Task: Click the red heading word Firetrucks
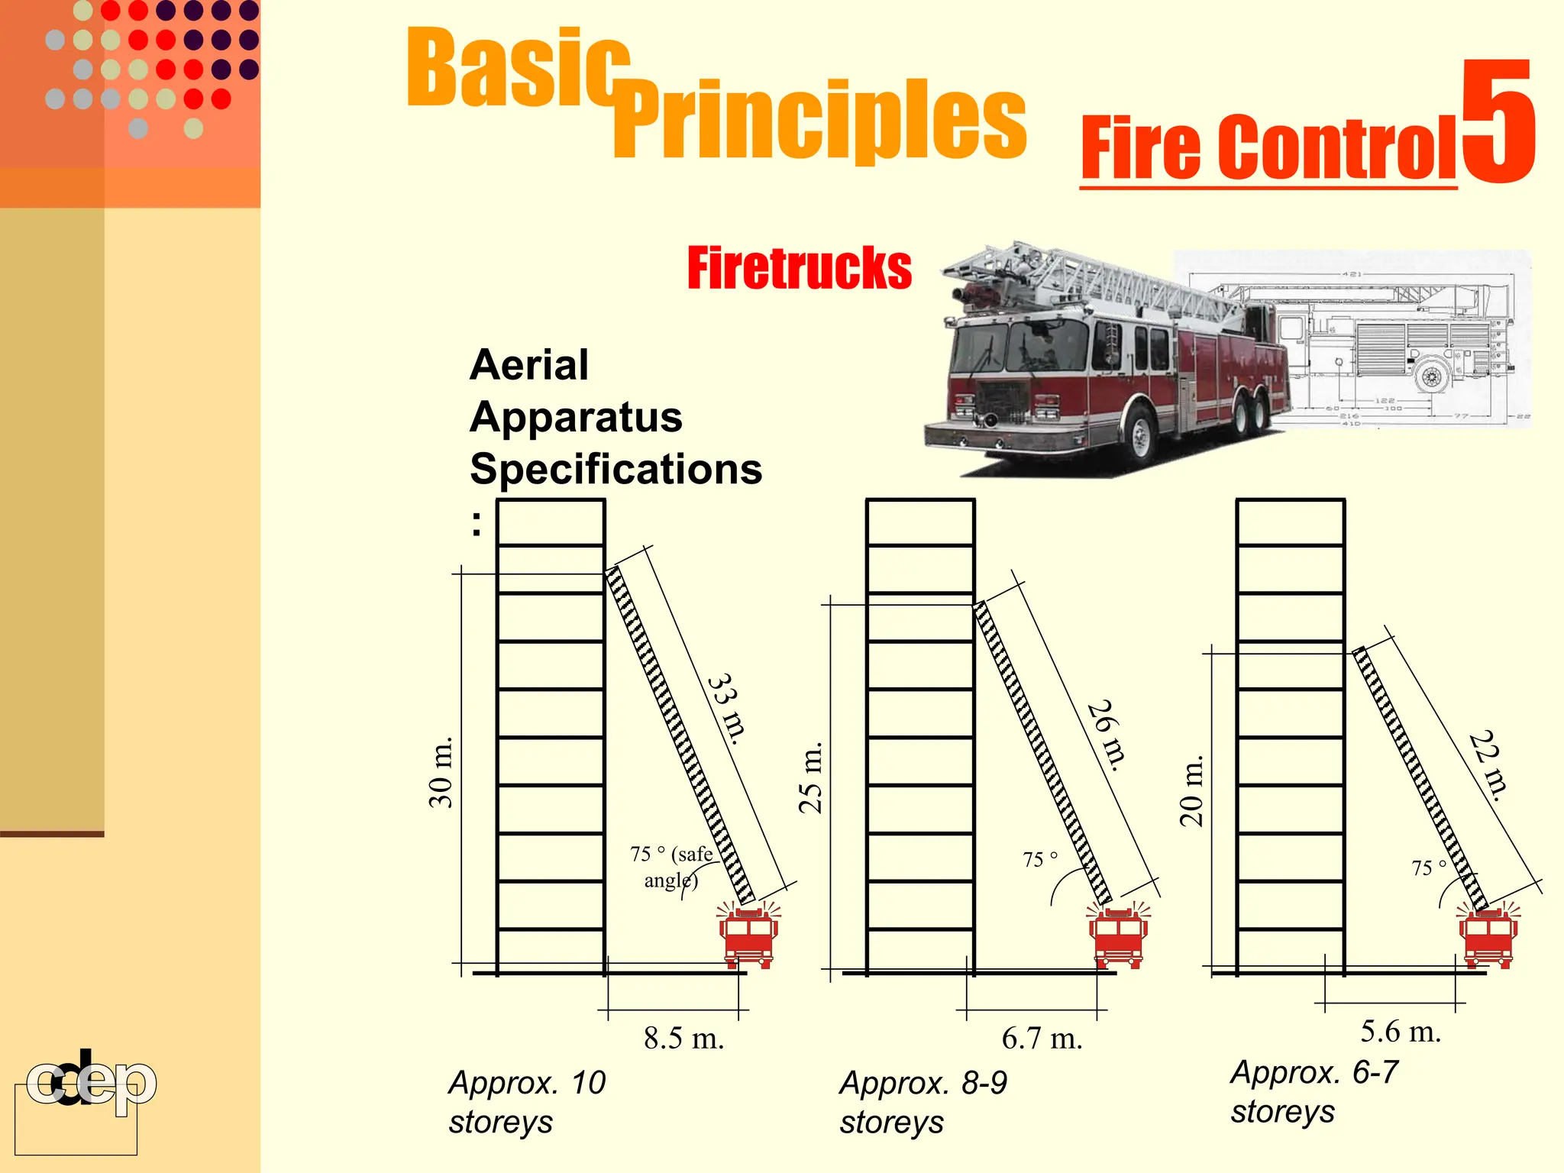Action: (799, 268)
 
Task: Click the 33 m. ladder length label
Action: (726, 709)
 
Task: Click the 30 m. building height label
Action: (441, 771)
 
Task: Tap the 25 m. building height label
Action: (810, 777)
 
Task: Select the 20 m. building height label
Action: (1191, 790)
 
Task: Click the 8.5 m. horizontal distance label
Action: (683, 1039)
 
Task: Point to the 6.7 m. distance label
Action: (1042, 1039)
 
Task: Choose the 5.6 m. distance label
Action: (1401, 1032)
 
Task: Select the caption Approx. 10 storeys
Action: (527, 1102)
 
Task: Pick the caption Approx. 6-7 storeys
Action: (1314, 1092)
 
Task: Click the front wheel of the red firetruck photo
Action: (1138, 435)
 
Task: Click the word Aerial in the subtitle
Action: (529, 365)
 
